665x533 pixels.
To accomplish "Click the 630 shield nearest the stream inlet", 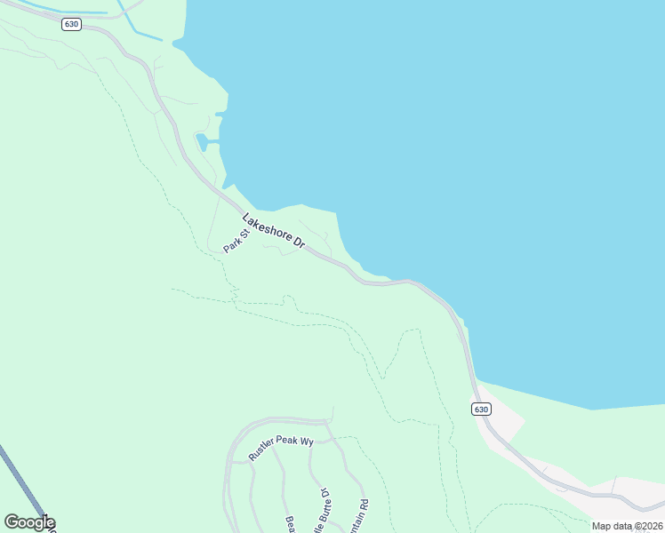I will [72, 24].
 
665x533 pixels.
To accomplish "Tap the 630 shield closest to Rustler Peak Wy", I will [480, 409].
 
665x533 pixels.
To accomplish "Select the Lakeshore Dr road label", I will [274, 230].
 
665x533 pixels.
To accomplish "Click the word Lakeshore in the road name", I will [265, 225].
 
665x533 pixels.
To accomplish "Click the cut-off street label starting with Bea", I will [289, 524].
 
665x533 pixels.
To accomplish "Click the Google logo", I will [28, 522].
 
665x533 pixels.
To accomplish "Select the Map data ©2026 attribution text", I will [627, 526].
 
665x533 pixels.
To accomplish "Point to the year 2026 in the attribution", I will [649, 526].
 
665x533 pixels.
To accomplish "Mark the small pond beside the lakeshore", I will [204, 141].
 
